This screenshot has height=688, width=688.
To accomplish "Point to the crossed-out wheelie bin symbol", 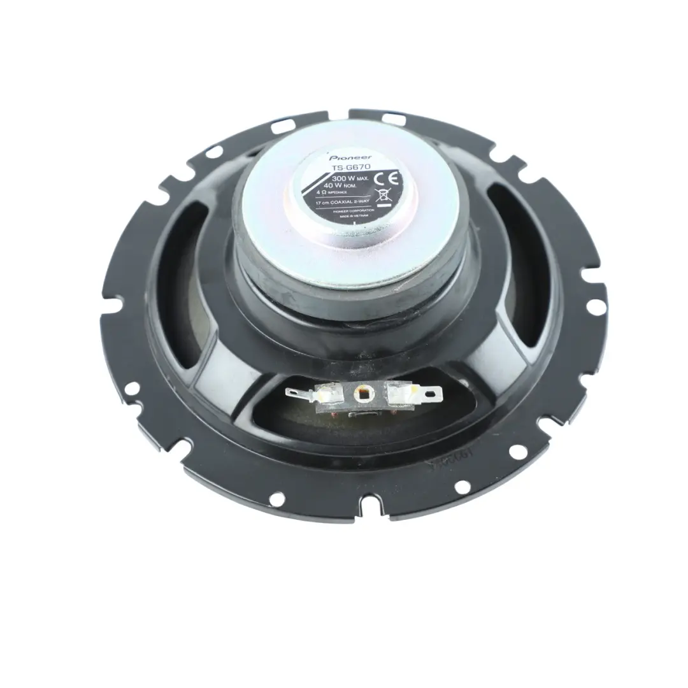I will [384, 196].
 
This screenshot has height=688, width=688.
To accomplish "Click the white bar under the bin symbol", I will [383, 206].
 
